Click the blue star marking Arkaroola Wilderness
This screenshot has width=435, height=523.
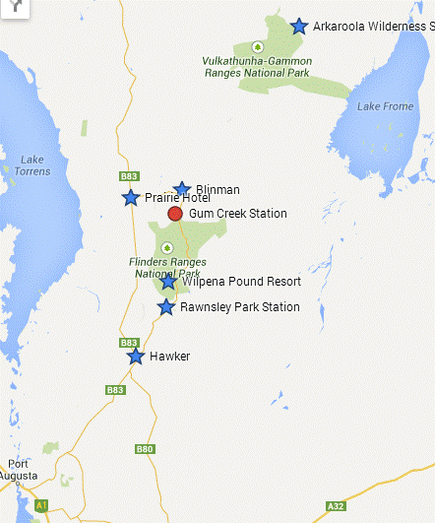299,26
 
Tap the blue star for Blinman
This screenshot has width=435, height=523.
182,189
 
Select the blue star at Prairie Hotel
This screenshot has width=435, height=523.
131,198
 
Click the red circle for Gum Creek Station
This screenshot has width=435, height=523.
175,214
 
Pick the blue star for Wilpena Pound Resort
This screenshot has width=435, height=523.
169,282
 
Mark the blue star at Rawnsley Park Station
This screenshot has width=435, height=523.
167,307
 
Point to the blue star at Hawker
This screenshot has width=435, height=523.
136,356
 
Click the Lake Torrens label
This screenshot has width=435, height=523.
32,165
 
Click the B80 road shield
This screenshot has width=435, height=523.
145,449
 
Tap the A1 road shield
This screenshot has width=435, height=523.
41,505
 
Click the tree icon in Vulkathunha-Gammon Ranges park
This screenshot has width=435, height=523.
257,46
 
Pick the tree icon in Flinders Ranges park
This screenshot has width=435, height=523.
166,247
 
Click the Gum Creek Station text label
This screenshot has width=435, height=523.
238,214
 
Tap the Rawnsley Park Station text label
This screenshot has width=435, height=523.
240,307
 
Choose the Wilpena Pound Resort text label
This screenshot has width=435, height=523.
241,282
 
